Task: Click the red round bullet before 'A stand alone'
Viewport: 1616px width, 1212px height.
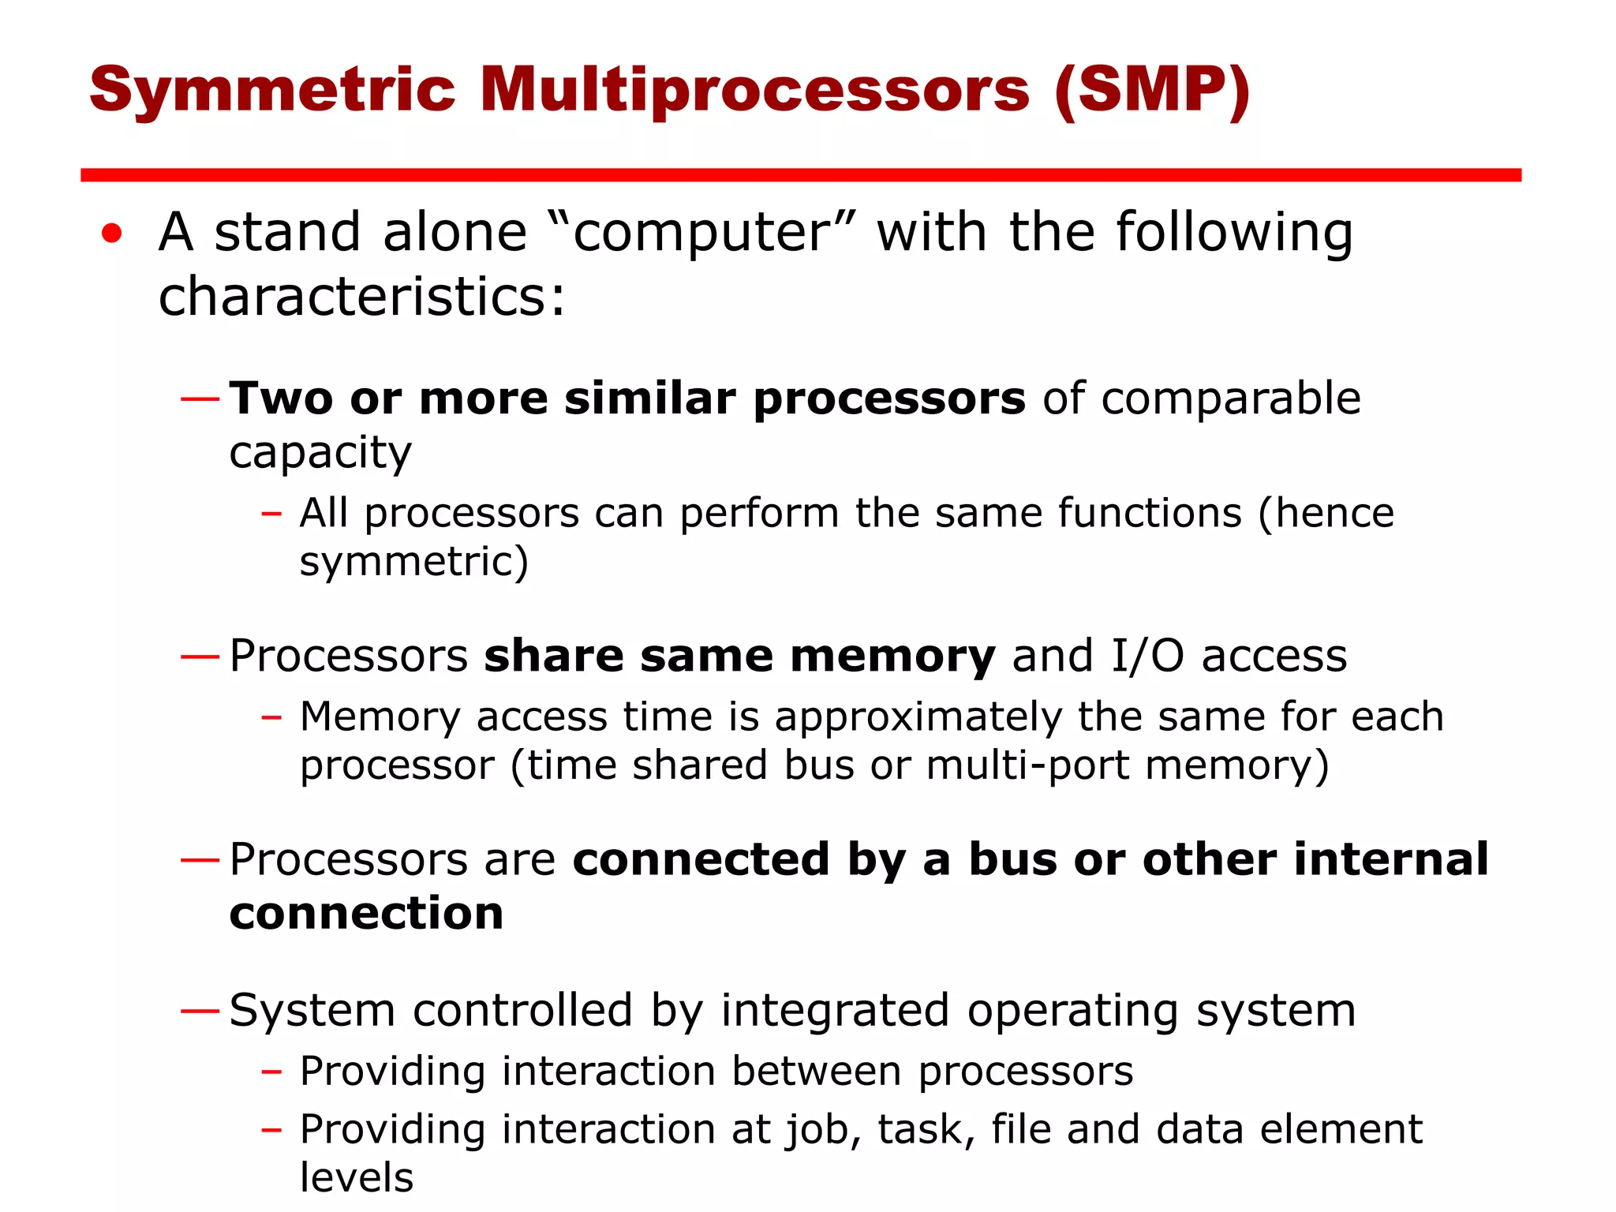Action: (x=112, y=234)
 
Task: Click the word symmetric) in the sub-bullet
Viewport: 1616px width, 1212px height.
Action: (x=413, y=562)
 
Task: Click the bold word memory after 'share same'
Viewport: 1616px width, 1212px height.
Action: (x=892, y=656)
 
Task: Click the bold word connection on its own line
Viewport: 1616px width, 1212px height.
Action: (x=366, y=914)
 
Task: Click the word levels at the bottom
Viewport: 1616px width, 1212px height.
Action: (x=357, y=1178)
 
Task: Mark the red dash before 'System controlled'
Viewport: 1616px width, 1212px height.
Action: (x=200, y=1011)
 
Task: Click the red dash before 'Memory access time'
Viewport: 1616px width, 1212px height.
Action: (x=271, y=718)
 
